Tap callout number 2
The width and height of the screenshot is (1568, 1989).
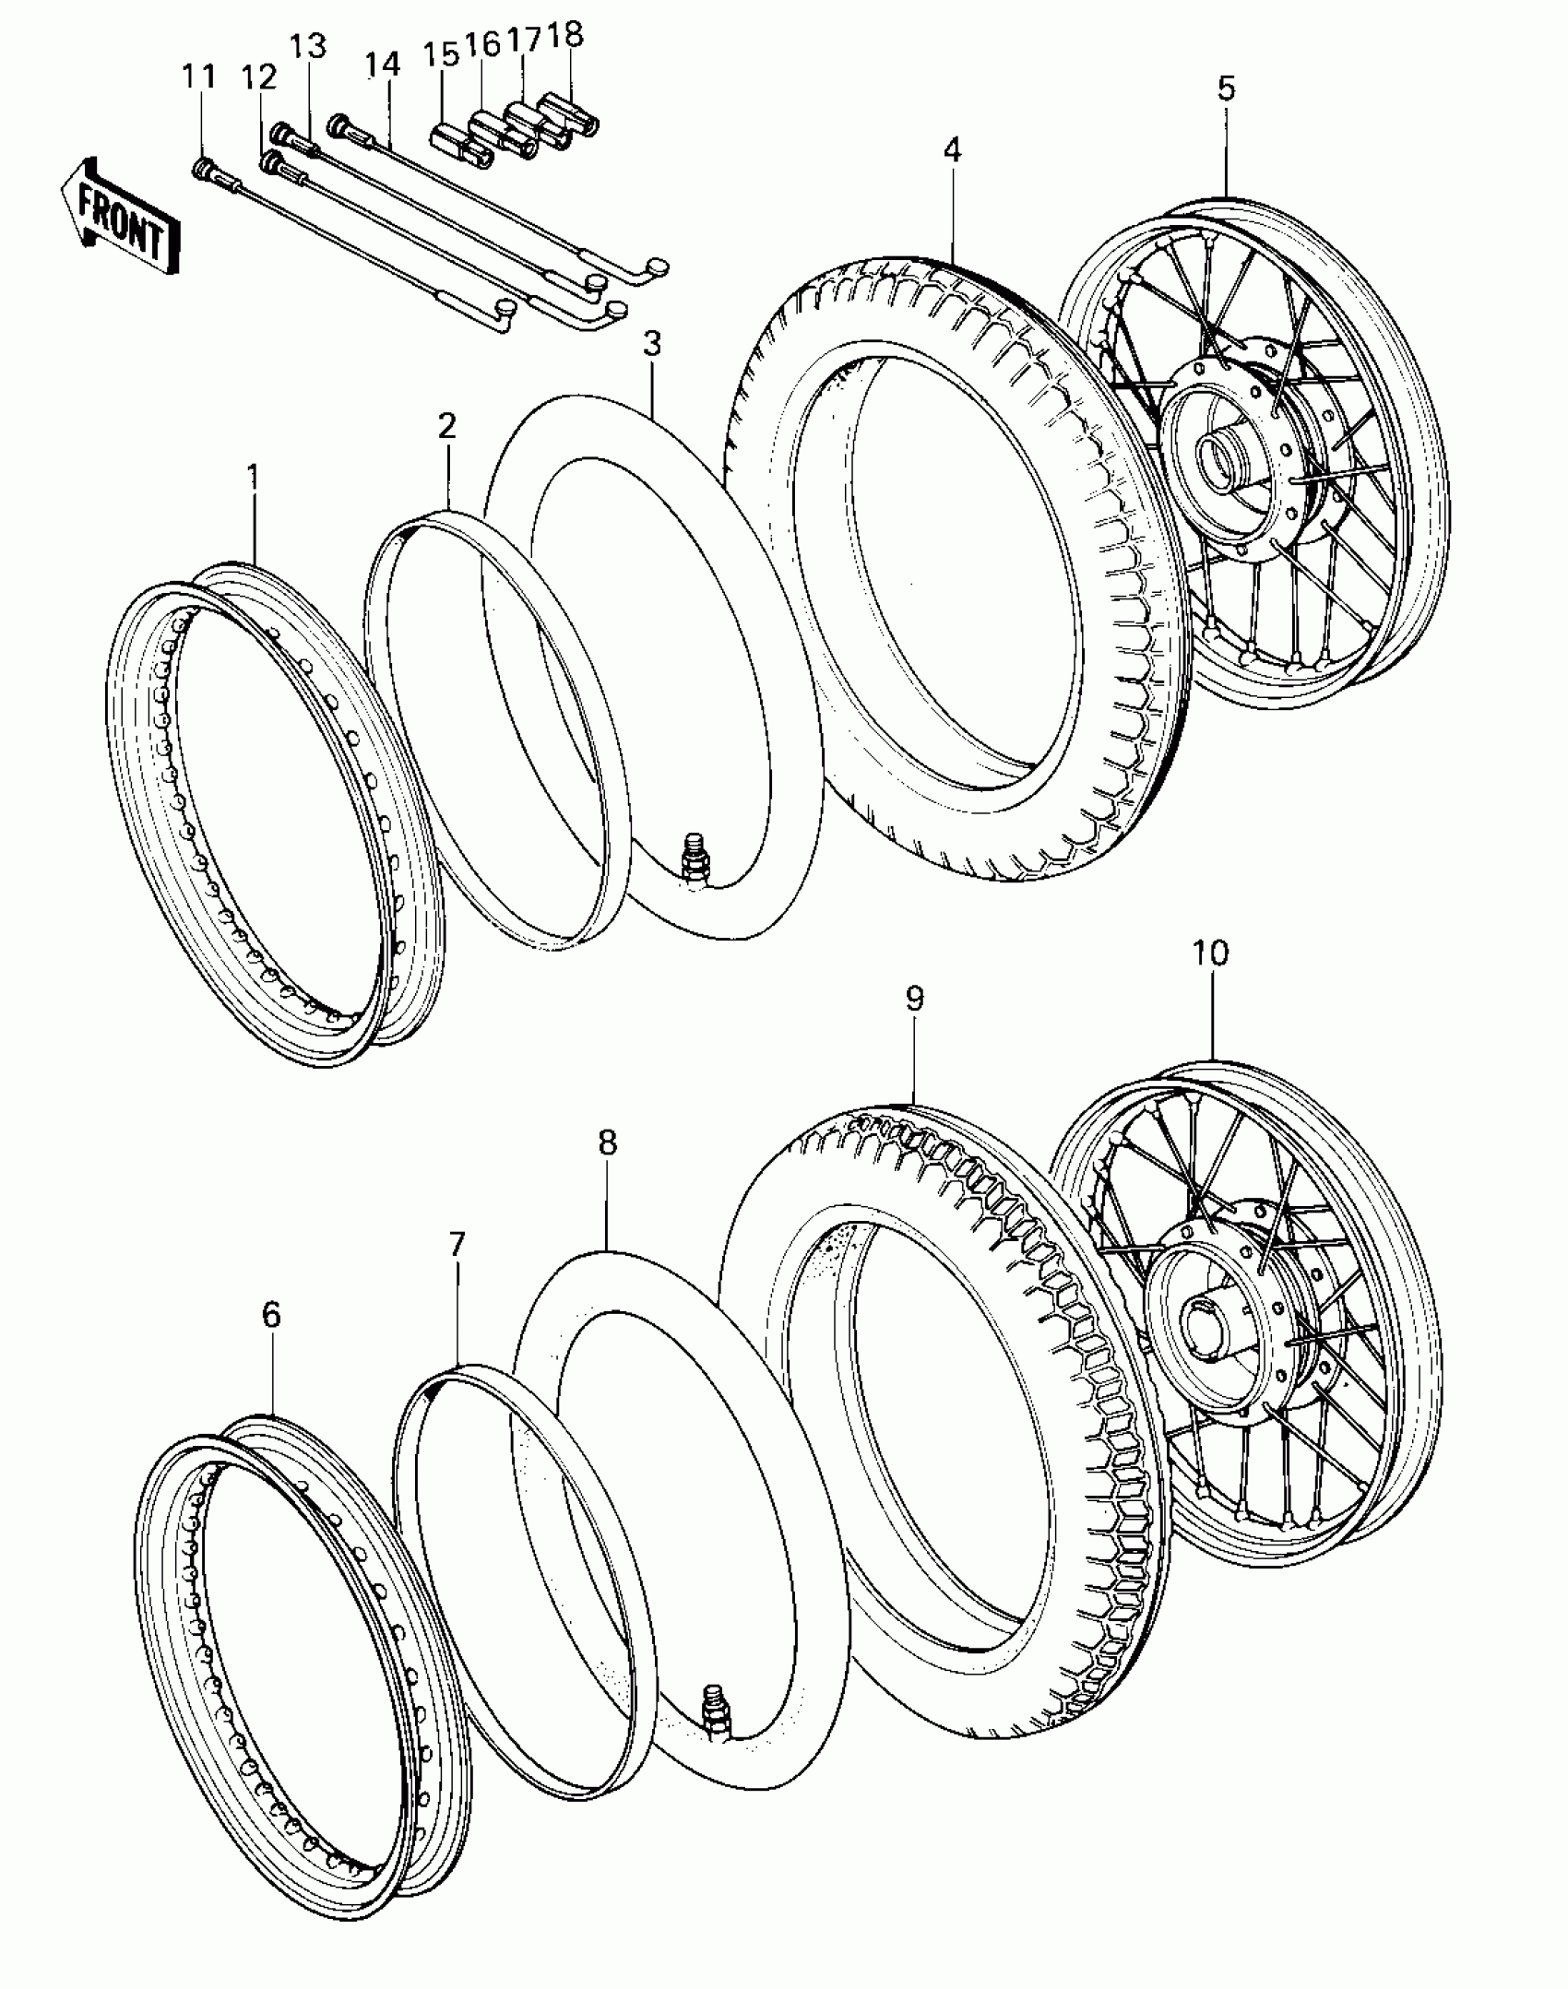(x=446, y=426)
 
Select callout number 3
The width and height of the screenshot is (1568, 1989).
(x=652, y=344)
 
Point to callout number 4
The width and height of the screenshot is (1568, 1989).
(x=952, y=149)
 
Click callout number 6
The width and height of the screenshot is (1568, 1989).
(x=270, y=1315)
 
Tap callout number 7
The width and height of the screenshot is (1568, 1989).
(x=457, y=1245)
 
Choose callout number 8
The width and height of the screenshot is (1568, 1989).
(x=606, y=1142)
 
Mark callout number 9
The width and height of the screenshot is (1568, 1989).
(x=914, y=999)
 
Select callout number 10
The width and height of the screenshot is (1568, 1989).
(x=1210, y=953)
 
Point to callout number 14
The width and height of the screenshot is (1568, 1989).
(x=382, y=65)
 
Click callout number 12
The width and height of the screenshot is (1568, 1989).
(x=259, y=77)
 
